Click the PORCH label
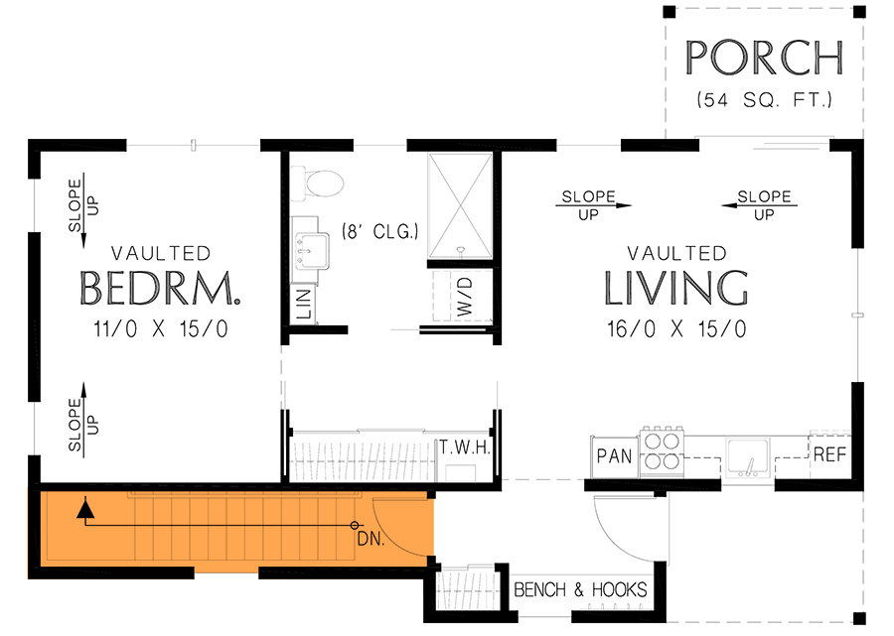(764, 59)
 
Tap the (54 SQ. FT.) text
(764, 100)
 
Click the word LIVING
(676, 288)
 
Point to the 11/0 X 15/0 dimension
(161, 329)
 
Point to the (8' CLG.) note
(380, 232)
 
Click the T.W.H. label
(466, 448)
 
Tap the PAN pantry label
(615, 457)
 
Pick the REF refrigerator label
(829, 456)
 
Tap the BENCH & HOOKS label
(580, 590)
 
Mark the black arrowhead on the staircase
(86, 510)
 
